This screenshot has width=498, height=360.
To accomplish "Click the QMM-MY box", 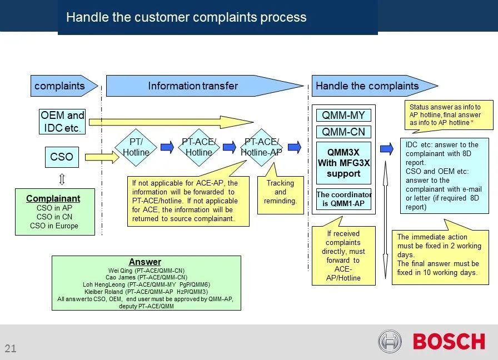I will pyautogui.click(x=343, y=116).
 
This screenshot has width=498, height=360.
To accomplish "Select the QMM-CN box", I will pyautogui.click(x=343, y=132).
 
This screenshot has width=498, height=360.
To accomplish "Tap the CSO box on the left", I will pyautogui.click(x=62, y=157).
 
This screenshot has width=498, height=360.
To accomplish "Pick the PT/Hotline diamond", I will pyautogui.click(x=136, y=147).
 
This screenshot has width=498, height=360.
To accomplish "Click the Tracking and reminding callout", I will pyautogui.click(x=280, y=192).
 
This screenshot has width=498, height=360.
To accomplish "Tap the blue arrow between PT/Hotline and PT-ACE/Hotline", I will pyautogui.click(x=167, y=147).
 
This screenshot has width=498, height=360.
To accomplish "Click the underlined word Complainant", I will pyautogui.click(x=53, y=198).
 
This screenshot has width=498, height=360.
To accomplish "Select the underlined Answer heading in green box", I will pyautogui.click(x=145, y=262).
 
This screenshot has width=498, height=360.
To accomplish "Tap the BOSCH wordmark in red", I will pyautogui.click(x=449, y=341).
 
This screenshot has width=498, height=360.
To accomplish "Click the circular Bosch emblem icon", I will pyautogui.click(x=390, y=341).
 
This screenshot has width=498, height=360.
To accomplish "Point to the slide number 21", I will pyautogui.click(x=11, y=349).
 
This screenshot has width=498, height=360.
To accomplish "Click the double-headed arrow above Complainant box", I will pyautogui.click(x=62, y=178).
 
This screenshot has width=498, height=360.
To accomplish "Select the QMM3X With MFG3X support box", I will pyautogui.click(x=343, y=163).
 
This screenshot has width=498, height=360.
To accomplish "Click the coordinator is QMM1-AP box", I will pyautogui.click(x=343, y=199).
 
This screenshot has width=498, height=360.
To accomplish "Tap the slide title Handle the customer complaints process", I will pyautogui.click(x=186, y=17).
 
